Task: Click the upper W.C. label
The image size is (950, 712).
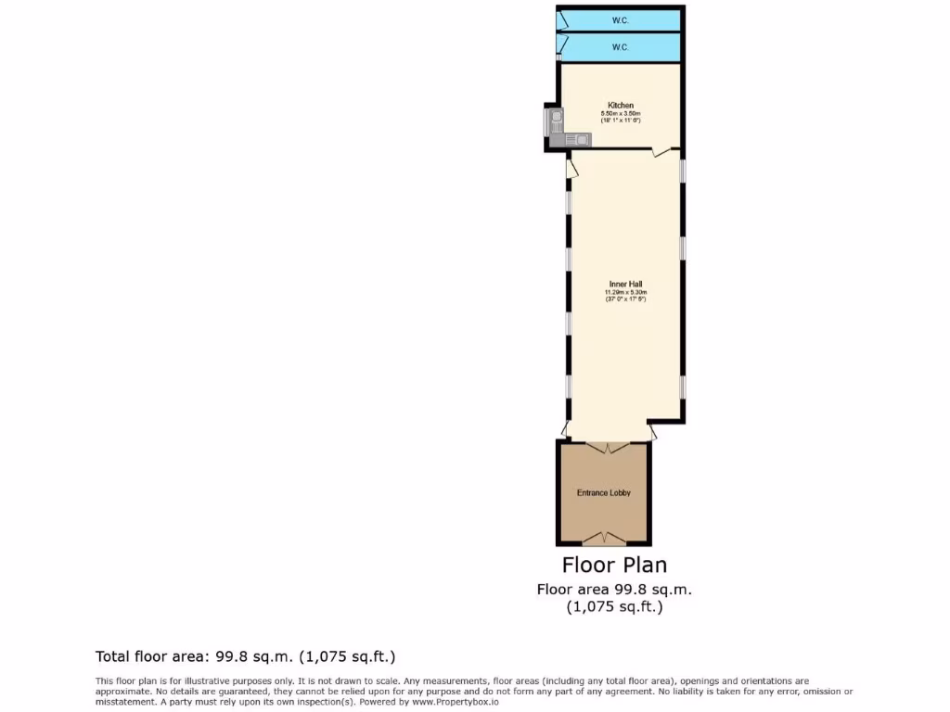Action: pos(620,19)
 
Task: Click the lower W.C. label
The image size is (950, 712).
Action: pos(620,46)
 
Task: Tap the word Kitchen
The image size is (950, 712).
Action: pos(621,105)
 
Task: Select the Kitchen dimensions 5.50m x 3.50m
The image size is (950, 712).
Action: pos(621,113)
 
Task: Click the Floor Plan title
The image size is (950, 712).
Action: pos(614,565)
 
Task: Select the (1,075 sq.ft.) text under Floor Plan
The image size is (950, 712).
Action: pos(614,607)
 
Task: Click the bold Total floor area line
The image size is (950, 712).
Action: pos(246,657)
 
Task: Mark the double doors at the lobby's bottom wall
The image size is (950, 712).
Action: pos(604,538)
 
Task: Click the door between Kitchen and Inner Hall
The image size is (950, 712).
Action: pos(661,151)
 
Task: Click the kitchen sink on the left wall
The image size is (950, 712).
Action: pos(554,118)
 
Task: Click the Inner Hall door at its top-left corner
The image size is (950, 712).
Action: pos(571,168)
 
